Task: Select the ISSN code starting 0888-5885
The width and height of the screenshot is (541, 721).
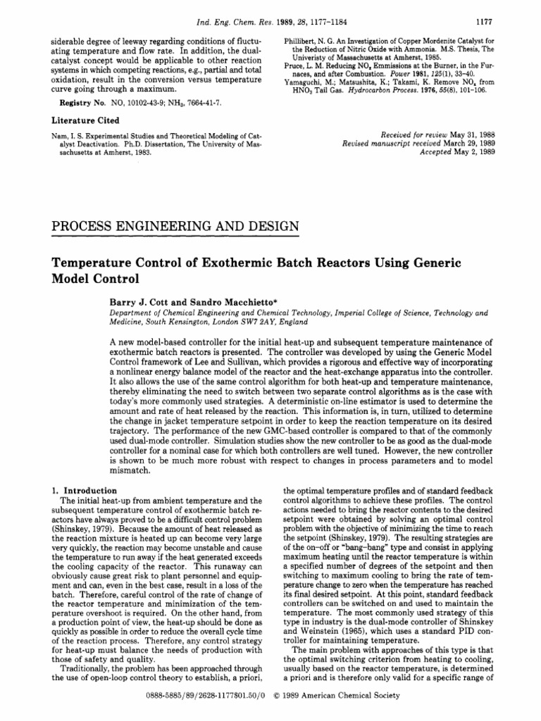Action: [193, 695]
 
